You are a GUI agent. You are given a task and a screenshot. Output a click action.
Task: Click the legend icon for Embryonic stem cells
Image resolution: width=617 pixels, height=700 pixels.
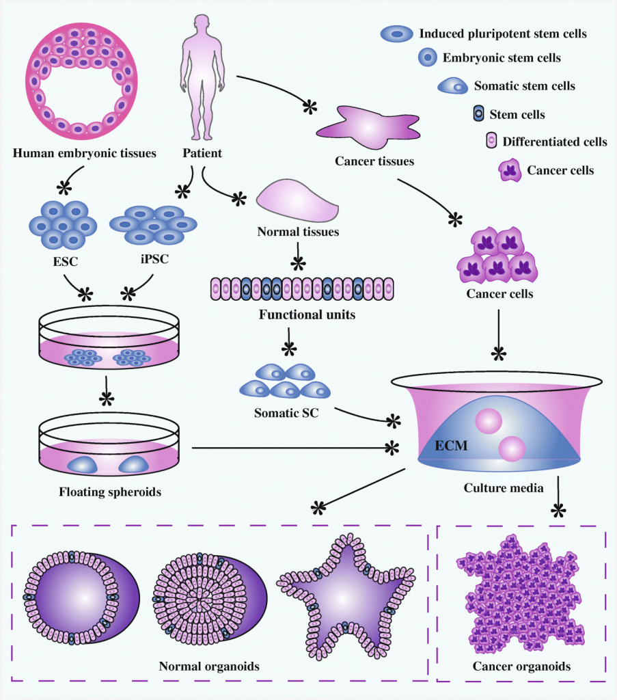tap(428, 58)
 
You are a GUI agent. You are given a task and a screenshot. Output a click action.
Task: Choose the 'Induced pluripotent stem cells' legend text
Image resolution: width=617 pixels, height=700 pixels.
tap(503, 33)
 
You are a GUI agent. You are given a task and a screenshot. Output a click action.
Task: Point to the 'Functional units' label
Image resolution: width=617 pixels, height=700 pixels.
tap(299, 315)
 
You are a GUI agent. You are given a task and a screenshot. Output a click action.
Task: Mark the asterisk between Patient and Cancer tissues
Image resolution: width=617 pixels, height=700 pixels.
tap(310, 106)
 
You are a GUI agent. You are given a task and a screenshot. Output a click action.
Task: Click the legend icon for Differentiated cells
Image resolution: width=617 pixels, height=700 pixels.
tap(490, 142)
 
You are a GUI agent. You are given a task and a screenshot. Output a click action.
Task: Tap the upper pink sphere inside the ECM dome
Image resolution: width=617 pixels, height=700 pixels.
tap(489, 420)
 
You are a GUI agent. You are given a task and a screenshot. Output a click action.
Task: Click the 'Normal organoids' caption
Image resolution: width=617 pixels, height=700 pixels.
tap(209, 666)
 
